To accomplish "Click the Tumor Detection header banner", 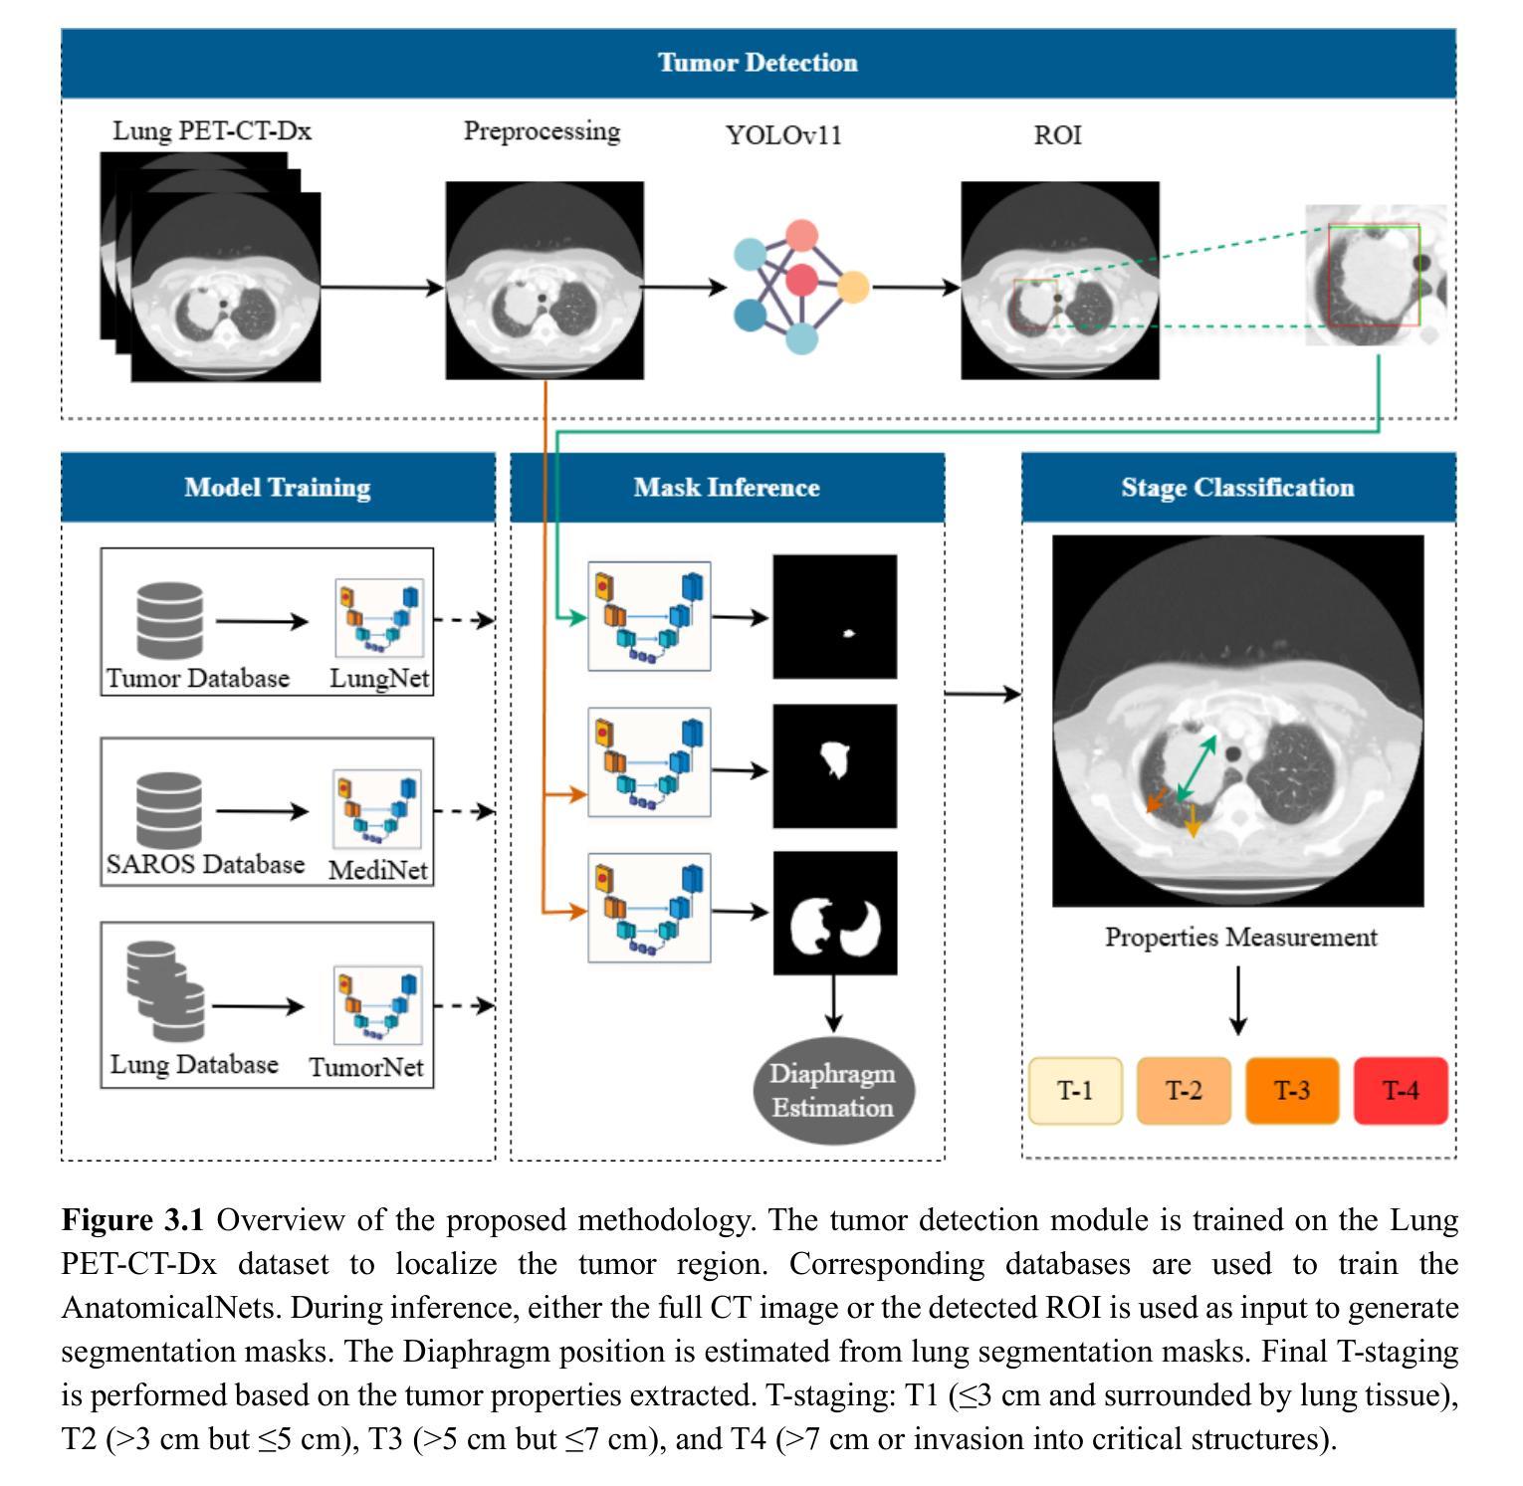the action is [759, 63].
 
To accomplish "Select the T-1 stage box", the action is [1075, 1091].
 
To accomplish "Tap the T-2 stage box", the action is [1184, 1091].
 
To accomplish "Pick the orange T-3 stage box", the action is [1292, 1091].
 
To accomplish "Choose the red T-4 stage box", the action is [1401, 1091].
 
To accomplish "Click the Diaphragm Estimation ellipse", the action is [832, 1091].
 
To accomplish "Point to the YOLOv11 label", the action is [784, 135].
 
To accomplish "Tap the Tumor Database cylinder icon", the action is [169, 620].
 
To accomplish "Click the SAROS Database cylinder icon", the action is [169, 811].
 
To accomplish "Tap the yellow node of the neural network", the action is [852, 288].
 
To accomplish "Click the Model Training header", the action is [278, 488].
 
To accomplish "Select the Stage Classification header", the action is [1238, 488].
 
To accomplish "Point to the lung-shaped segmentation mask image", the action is [835, 913].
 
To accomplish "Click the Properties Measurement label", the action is [1241, 938].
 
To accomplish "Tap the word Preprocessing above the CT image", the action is [543, 132].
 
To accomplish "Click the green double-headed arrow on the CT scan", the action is [1197, 768].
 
